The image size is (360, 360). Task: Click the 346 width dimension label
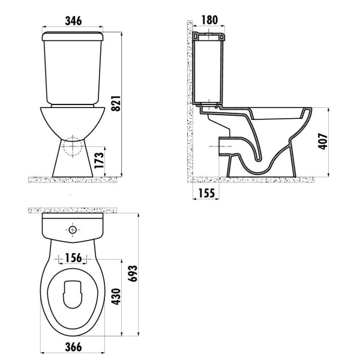click(73, 21)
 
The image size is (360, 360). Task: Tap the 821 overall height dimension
click(116, 104)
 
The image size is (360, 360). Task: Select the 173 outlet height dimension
click(100, 160)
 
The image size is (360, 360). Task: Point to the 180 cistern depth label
click(209, 20)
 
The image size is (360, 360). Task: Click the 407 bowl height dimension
click(323, 141)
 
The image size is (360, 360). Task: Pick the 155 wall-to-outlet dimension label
click(206, 193)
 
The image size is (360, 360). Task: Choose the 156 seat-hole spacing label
click(73, 258)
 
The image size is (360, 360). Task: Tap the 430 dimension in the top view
click(116, 296)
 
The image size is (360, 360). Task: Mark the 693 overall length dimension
click(133, 274)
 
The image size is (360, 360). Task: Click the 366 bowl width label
click(73, 347)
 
